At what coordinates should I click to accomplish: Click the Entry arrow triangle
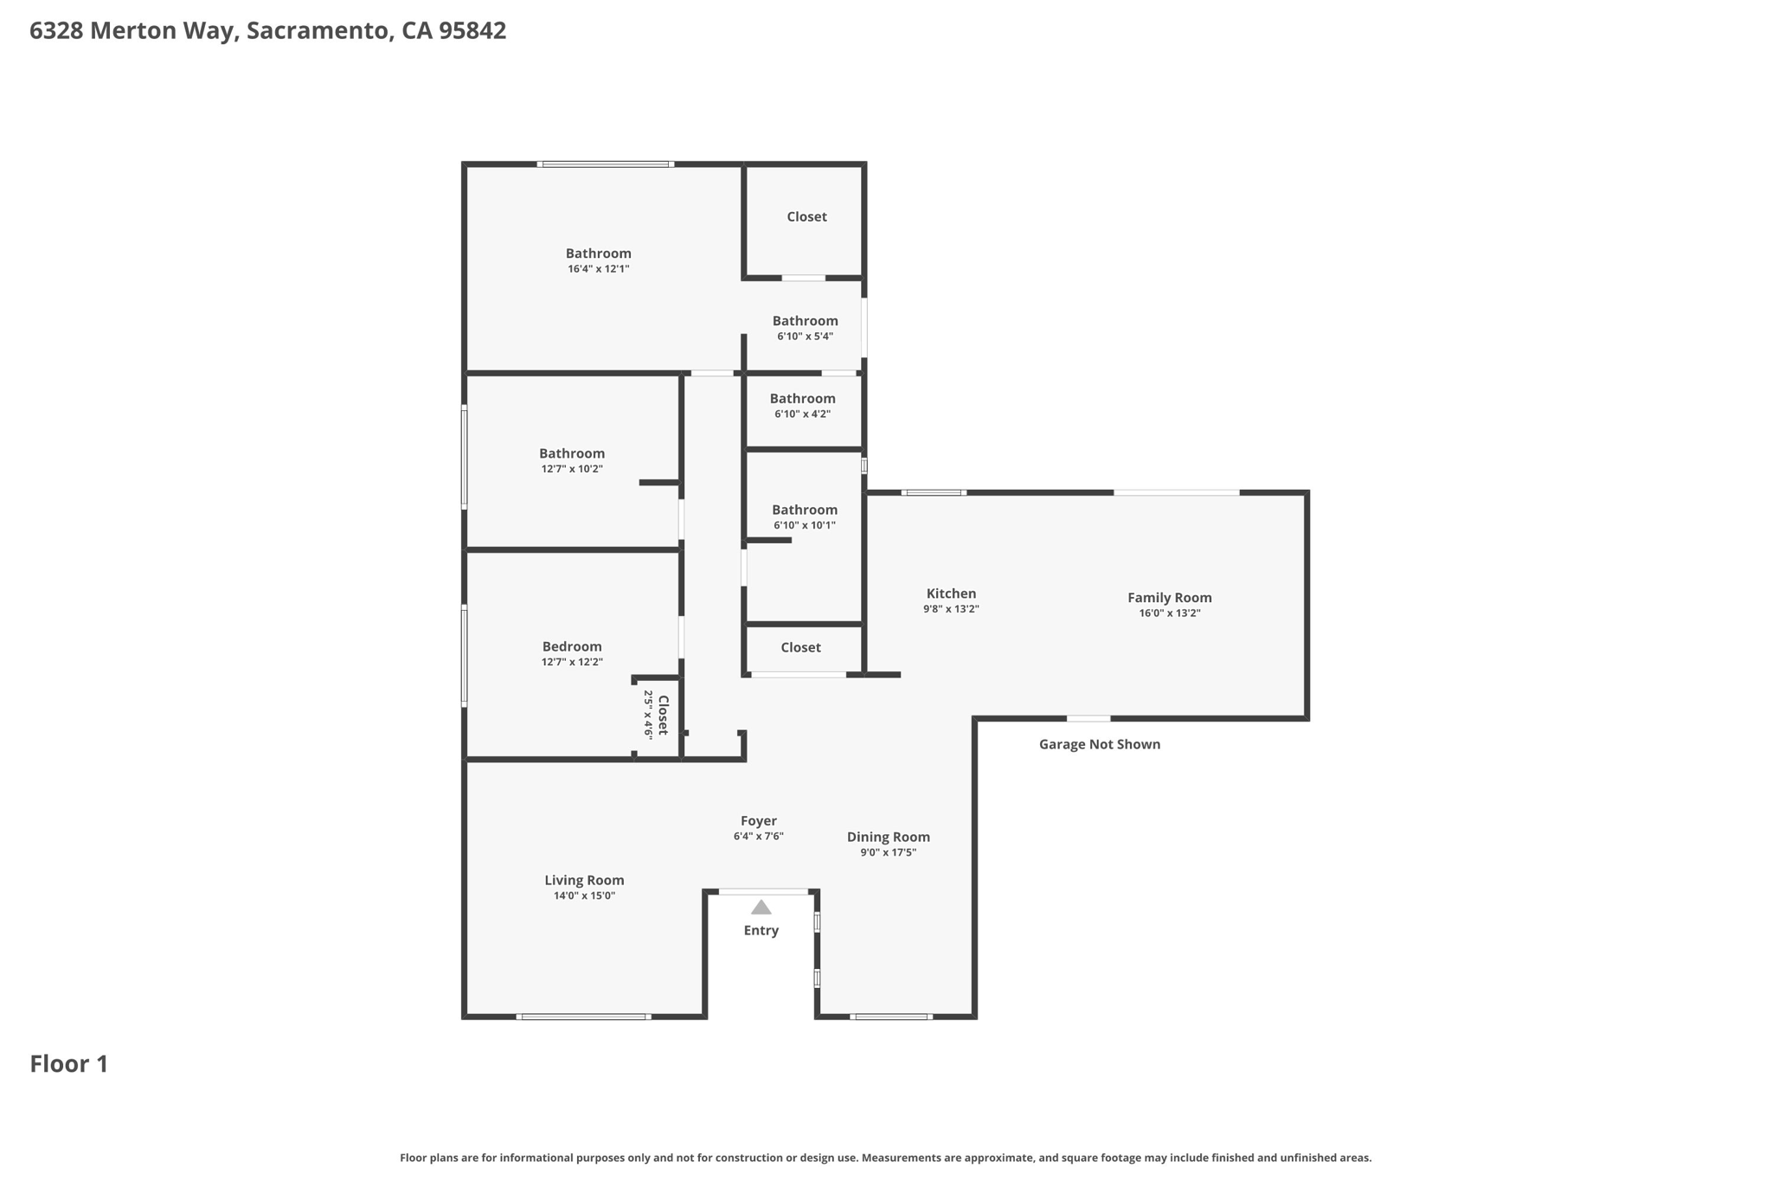(761, 908)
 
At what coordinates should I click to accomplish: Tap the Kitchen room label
(951, 594)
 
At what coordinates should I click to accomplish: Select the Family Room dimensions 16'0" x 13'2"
(1169, 613)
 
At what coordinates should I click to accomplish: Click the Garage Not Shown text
(1099, 744)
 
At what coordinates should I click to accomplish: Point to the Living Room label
(584, 880)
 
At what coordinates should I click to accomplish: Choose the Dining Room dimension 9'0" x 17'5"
(888, 852)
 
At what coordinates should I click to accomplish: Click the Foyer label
(758, 821)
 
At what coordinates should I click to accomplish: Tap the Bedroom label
(571, 646)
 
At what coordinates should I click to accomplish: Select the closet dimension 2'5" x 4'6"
(648, 715)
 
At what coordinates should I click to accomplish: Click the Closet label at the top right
(806, 216)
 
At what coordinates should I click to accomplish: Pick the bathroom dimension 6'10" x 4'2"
(802, 414)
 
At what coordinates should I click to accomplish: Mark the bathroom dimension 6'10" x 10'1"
(804, 525)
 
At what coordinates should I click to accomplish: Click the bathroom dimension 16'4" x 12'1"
(598, 269)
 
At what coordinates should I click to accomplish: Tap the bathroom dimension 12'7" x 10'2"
(571, 469)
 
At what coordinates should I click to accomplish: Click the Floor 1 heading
(69, 1064)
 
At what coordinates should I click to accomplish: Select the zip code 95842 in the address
(472, 31)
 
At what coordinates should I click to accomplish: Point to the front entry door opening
(763, 891)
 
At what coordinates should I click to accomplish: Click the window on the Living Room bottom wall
(583, 1017)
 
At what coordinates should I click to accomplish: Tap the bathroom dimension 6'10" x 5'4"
(805, 337)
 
